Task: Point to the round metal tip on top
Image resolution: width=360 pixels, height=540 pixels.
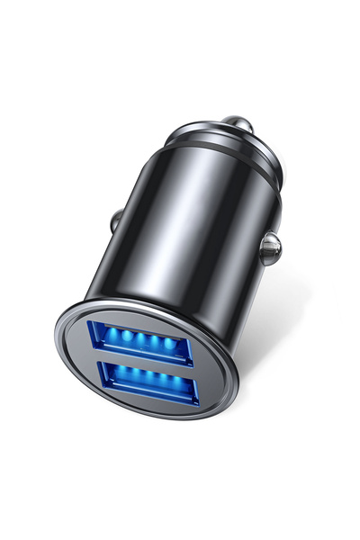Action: click(x=236, y=122)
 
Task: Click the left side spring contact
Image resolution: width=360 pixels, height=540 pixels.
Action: click(x=115, y=220)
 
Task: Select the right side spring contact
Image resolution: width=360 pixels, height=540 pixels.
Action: click(x=269, y=247)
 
